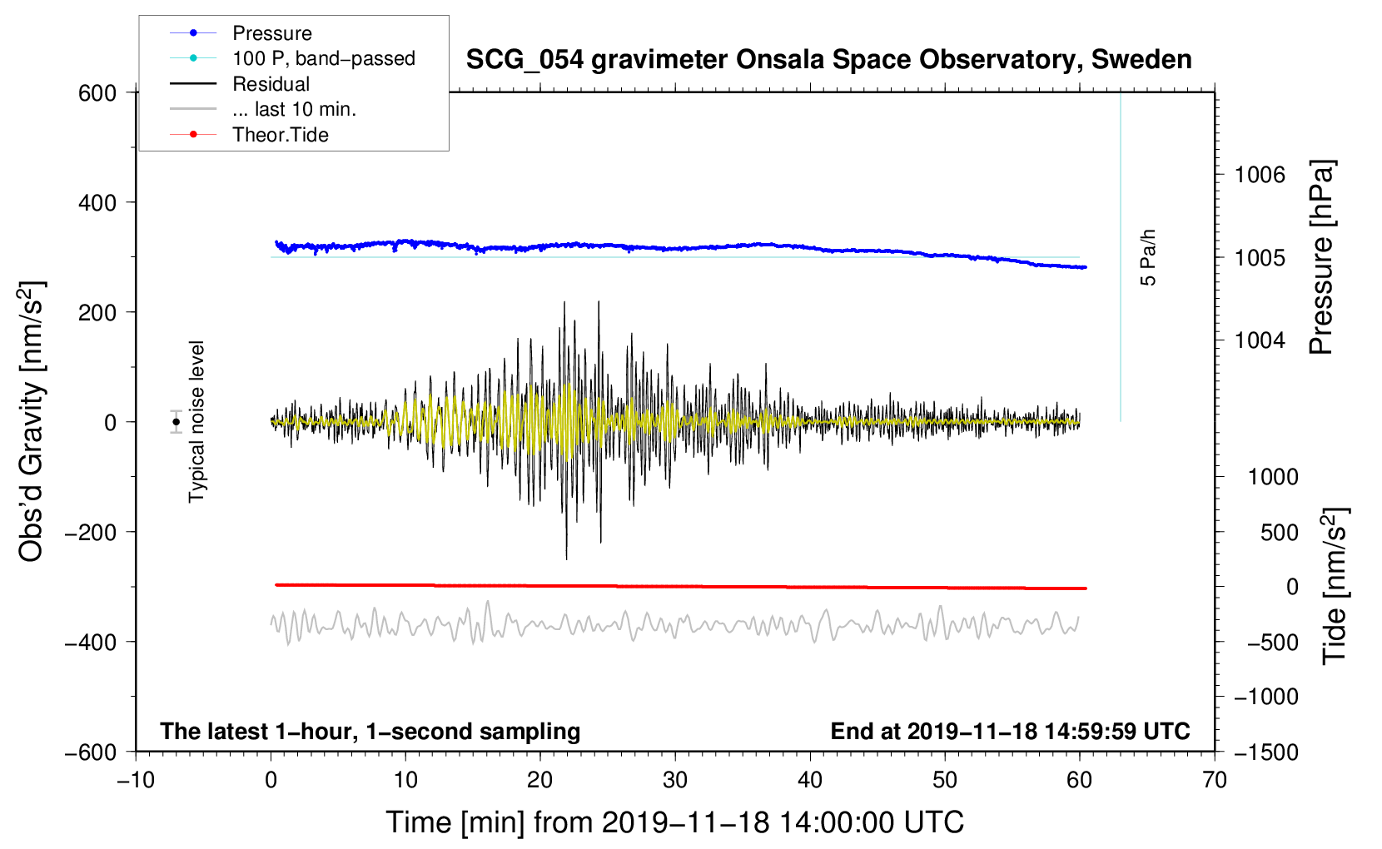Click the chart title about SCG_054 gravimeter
click(828, 60)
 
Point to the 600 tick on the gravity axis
click(97, 93)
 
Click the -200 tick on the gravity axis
click(91, 532)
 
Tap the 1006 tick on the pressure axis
click(1260, 176)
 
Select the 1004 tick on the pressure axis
click(1260, 340)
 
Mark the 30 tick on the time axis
click(675, 781)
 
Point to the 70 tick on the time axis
click(1214, 781)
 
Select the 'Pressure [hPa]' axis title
click(1321, 257)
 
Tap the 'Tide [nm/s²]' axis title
click(1335, 586)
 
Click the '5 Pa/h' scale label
click(1147, 258)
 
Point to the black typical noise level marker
click(176, 422)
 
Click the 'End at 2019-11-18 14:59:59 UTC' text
click(1010, 731)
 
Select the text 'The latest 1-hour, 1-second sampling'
click(370, 732)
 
